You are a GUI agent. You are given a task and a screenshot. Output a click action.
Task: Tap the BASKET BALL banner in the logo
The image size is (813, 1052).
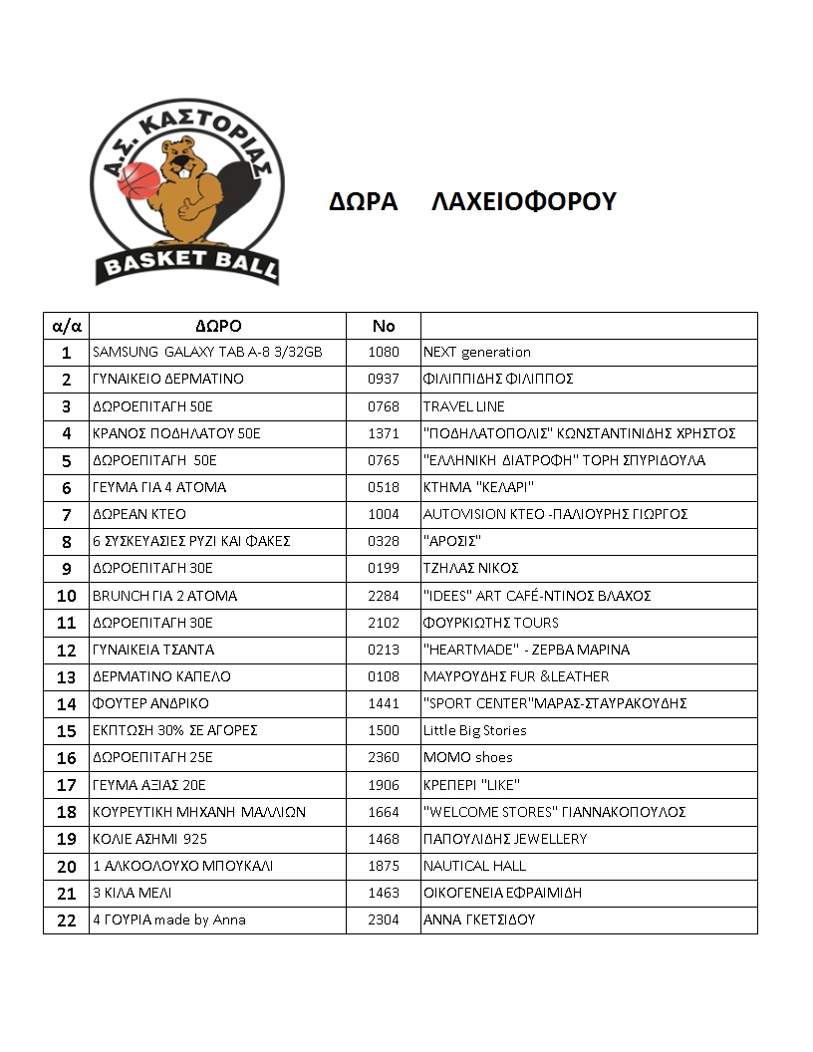[187, 263]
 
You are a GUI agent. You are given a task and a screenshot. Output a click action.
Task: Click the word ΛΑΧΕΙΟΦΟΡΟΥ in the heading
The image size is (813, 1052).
[524, 202]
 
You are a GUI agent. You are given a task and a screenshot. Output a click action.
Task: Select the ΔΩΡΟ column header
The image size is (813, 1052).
[217, 326]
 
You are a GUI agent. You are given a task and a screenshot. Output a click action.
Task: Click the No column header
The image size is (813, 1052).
[384, 326]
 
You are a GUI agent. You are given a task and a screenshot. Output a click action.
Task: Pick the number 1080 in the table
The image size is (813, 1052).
[384, 352]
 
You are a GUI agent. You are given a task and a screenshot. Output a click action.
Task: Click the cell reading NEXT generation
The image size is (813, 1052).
[477, 352]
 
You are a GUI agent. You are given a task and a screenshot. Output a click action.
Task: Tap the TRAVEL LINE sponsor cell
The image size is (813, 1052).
[464, 406]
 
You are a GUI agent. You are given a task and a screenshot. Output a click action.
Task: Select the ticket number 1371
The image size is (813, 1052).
[384, 433]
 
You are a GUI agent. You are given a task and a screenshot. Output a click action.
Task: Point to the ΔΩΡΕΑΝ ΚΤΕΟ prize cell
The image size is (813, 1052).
[139, 514]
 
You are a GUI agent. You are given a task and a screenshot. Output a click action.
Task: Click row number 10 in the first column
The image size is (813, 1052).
[67, 596]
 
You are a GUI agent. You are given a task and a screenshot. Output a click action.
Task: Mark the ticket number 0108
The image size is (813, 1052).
[384, 676]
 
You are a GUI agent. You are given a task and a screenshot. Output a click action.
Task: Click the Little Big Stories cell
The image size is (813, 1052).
[475, 730]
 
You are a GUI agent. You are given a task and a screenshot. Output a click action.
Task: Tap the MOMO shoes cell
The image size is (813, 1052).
[468, 757]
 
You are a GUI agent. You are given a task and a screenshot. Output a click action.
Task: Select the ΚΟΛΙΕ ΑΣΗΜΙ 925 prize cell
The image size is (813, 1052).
[149, 839]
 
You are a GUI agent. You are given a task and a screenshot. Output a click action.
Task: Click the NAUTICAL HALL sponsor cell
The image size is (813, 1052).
[475, 866]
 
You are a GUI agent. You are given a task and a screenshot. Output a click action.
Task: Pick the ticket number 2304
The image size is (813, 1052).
[384, 920]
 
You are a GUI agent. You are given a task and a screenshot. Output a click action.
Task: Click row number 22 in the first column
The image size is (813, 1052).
[67, 920]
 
